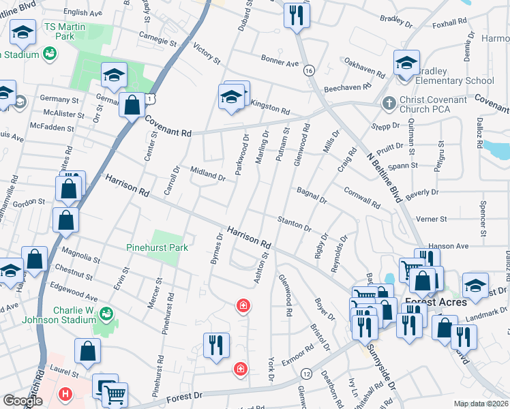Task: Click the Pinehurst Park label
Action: coord(157,247)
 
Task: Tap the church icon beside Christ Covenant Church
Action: coord(388,104)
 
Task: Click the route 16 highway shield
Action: coord(309,71)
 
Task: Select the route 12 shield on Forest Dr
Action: coord(306,374)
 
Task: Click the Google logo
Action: coord(22,401)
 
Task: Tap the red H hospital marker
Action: coord(65,394)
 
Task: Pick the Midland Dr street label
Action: coord(207,174)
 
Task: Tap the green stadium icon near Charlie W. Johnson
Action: coord(106,314)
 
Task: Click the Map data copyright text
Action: coord(481,404)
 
